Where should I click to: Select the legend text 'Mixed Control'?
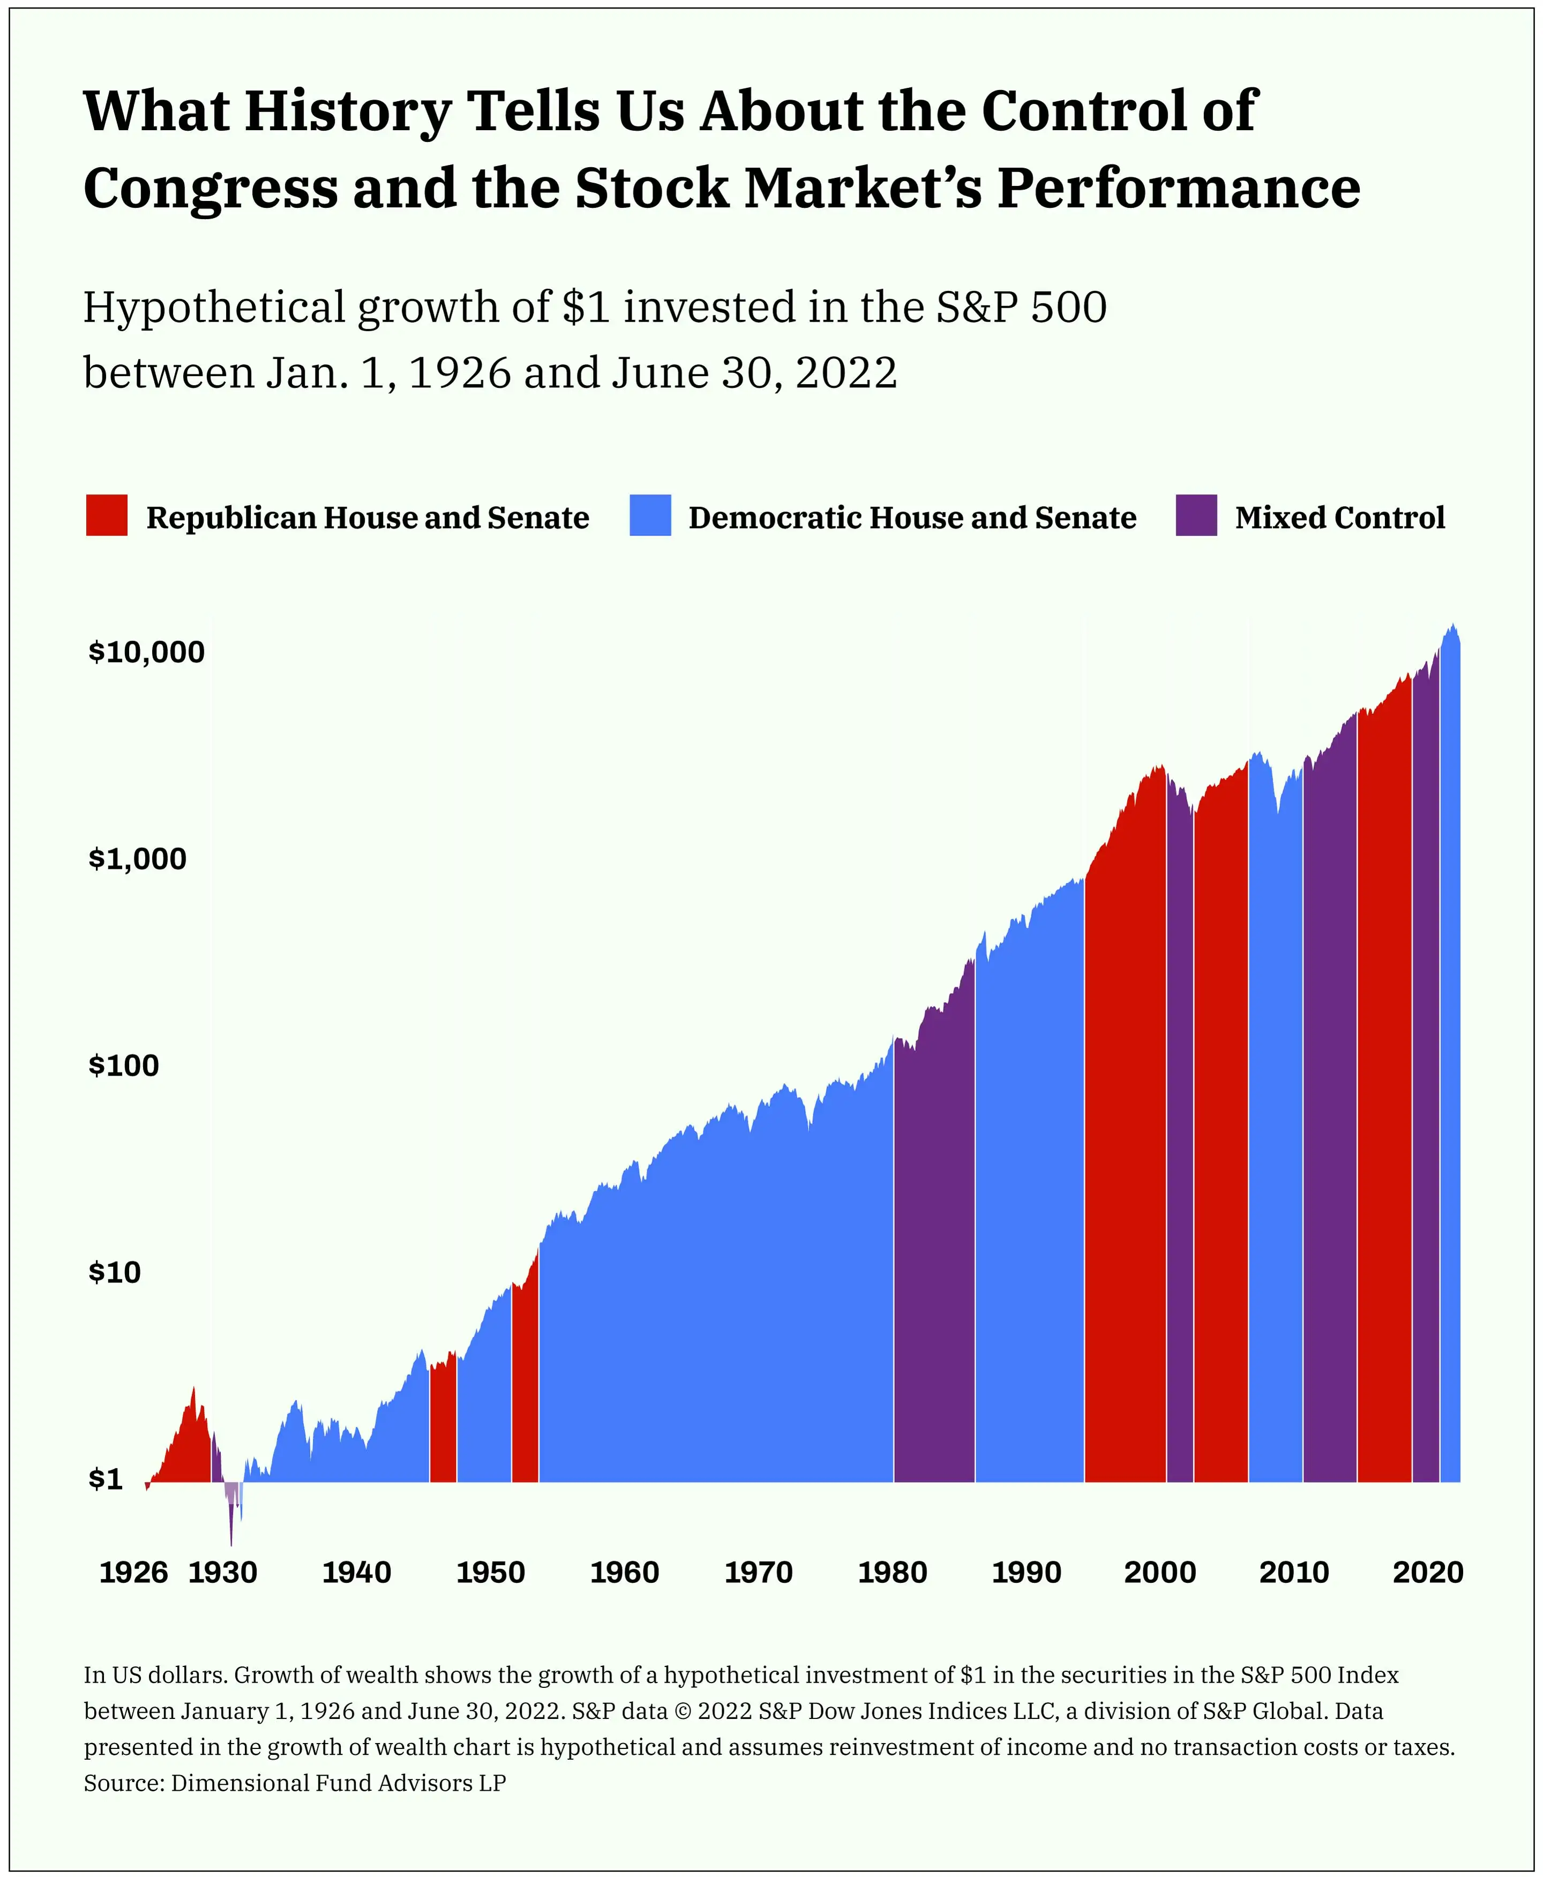coord(1339,517)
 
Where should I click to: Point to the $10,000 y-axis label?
coord(147,652)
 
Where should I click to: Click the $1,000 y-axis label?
coord(138,859)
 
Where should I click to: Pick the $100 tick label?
coord(124,1065)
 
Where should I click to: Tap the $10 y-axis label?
coord(115,1273)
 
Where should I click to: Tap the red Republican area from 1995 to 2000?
coord(1125,1155)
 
